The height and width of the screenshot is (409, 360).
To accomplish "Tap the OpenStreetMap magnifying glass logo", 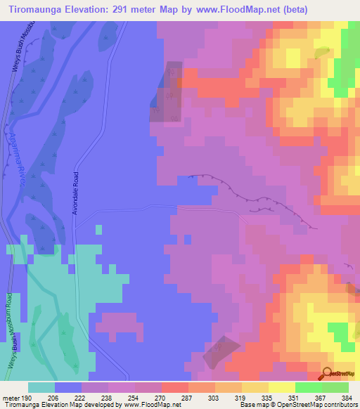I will click(x=327, y=374).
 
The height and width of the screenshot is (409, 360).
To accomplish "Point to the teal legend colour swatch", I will click(x=41, y=387).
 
